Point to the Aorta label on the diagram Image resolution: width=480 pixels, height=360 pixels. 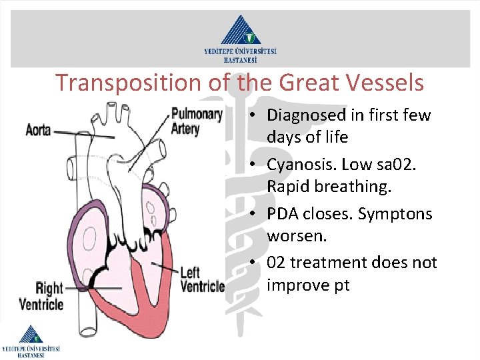pyautogui.click(x=38, y=129)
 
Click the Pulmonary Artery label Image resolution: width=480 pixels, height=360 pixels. pyautogui.click(x=197, y=121)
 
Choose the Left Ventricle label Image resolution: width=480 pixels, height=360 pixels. pyautogui.click(x=202, y=279)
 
